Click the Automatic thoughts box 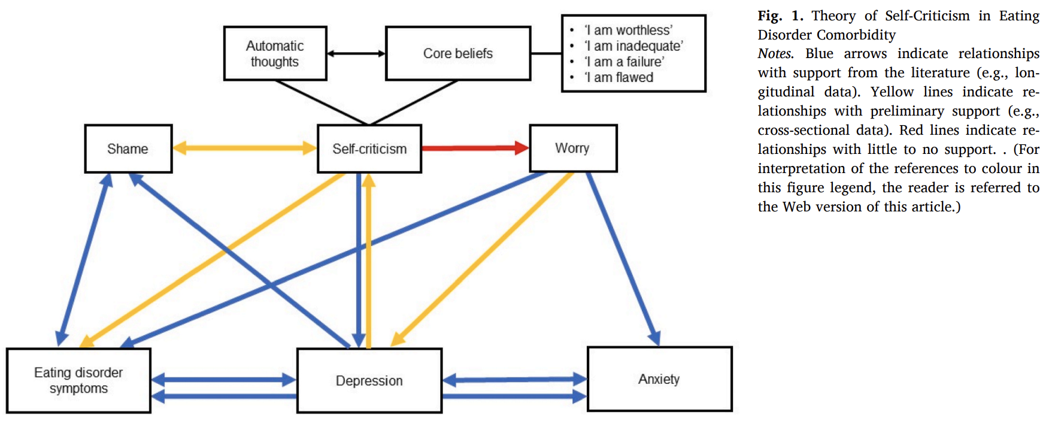[275, 53]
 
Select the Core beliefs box [458, 53]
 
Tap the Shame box [128, 149]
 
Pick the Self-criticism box [369, 149]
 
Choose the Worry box [573, 148]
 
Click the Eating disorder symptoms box [78, 380]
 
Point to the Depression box [369, 380]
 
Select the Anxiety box [659, 379]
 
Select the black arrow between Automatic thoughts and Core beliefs [356, 53]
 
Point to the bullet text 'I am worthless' [628, 30]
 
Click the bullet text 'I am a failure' [624, 62]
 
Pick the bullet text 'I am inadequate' [633, 46]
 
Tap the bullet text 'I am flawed [618, 77]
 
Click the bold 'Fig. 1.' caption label [780, 16]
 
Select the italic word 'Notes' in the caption [775, 54]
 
